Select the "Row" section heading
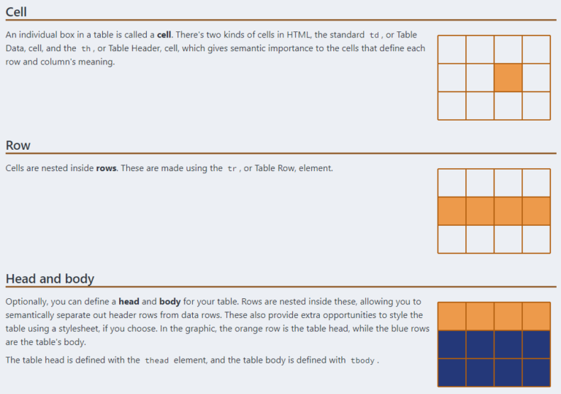[x=18, y=145]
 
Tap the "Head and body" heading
[x=50, y=279]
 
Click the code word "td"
[x=375, y=36]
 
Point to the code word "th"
[x=88, y=49]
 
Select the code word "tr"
[x=232, y=169]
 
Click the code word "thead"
[x=156, y=360]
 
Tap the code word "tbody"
[x=362, y=360]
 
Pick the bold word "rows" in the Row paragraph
[x=106, y=168]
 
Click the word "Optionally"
[x=28, y=302]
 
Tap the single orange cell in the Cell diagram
[x=508, y=77]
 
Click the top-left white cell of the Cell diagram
[x=451, y=49]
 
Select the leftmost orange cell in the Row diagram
[x=451, y=211]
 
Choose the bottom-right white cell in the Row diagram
[x=536, y=239]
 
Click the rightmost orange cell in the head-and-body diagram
[x=536, y=316]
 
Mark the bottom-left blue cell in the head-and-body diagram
[x=451, y=372]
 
